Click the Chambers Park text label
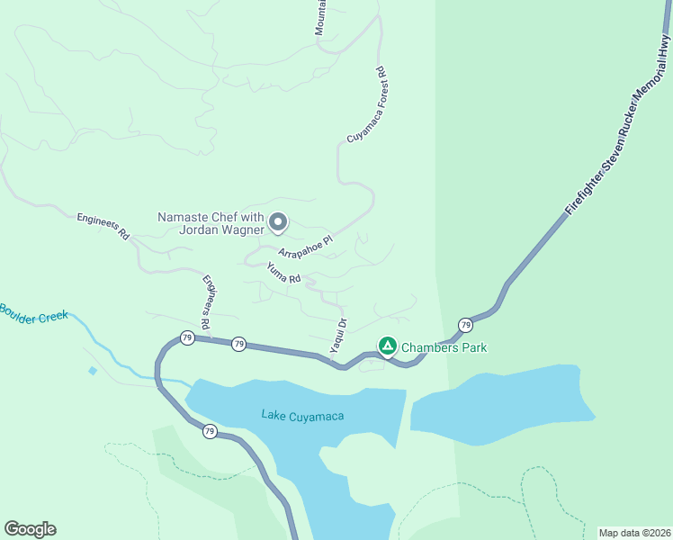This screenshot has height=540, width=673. pyautogui.click(x=444, y=347)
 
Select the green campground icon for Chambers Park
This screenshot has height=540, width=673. pyautogui.click(x=387, y=346)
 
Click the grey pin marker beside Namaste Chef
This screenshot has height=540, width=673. pyautogui.click(x=279, y=221)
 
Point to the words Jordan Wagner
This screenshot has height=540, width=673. pyautogui.click(x=222, y=229)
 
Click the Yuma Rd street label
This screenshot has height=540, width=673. pyautogui.click(x=283, y=273)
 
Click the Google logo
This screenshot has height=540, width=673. pyautogui.click(x=30, y=529)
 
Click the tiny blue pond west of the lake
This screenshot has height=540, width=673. pyautogui.click(x=93, y=370)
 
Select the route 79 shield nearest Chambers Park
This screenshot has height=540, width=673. pyautogui.click(x=465, y=324)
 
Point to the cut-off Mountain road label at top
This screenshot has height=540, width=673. pyautogui.click(x=320, y=18)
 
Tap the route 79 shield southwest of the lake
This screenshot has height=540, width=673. pyautogui.click(x=209, y=431)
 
